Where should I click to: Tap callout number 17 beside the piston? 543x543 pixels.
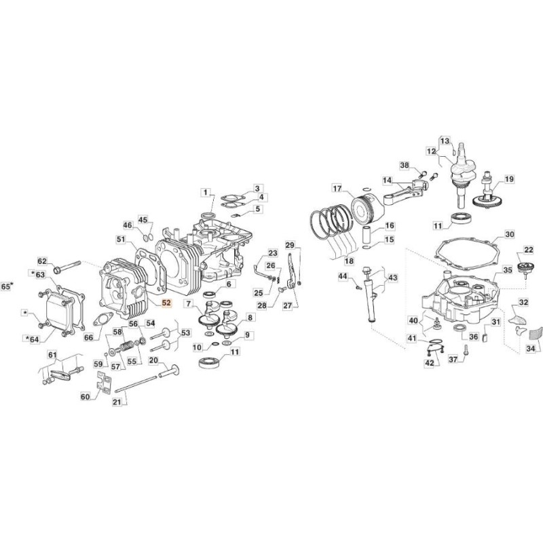click(x=337, y=188)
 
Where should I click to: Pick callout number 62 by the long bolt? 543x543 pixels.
click(x=42, y=261)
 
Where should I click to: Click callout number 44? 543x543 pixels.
click(x=343, y=276)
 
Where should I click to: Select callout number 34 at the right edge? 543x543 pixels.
click(x=530, y=349)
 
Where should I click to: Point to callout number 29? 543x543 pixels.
click(x=289, y=245)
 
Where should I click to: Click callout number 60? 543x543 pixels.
click(x=85, y=396)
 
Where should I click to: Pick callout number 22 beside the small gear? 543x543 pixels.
click(x=528, y=250)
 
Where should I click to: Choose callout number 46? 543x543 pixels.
click(x=128, y=225)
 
